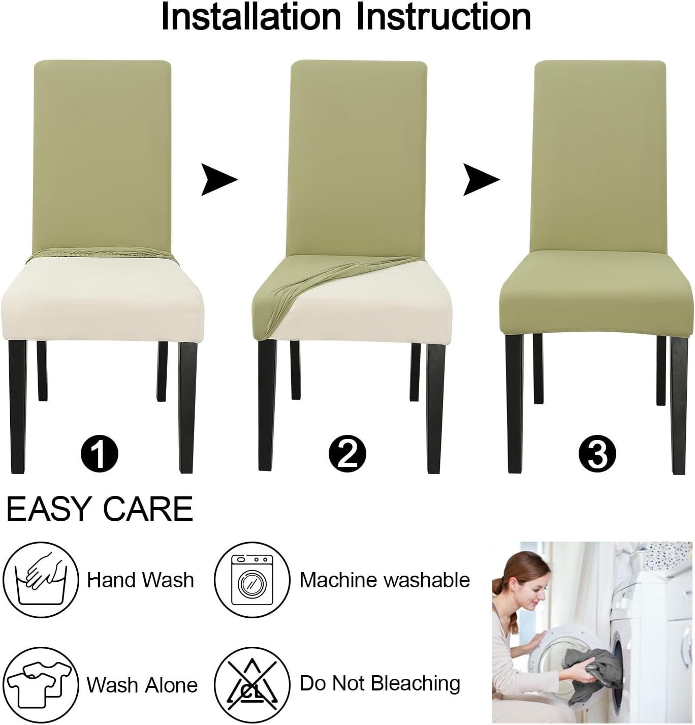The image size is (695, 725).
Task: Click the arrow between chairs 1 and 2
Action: pyautogui.click(x=218, y=179)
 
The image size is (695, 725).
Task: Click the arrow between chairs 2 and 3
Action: pyautogui.click(x=481, y=179)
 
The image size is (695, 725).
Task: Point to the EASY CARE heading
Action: pyautogui.click(x=100, y=509)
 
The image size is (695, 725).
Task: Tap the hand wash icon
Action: pyautogui.click(x=41, y=580)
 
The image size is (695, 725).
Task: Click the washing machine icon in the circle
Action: pyautogui.click(x=252, y=580)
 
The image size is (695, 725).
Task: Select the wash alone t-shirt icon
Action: pyautogui.click(x=41, y=683)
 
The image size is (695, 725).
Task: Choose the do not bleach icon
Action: pyautogui.click(x=252, y=683)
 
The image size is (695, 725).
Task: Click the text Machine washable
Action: pyautogui.click(x=385, y=580)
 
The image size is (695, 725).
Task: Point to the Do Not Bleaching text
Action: pyautogui.click(x=380, y=683)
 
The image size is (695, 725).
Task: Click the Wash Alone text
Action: pyautogui.click(x=142, y=685)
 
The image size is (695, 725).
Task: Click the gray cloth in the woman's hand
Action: pyautogui.click(x=592, y=671)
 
